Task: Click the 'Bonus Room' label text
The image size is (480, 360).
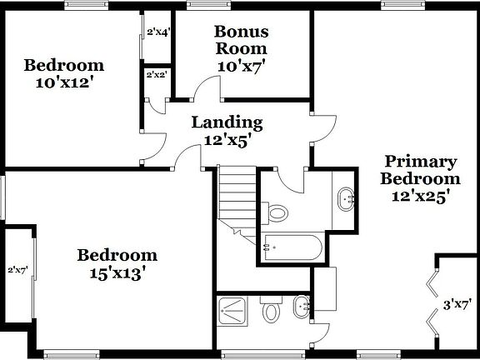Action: coord(242,40)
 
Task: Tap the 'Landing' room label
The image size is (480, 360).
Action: coord(227,122)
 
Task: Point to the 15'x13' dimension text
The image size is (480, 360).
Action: coord(117,272)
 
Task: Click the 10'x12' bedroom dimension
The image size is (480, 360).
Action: coord(63,82)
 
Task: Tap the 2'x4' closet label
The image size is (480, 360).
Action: coord(158,32)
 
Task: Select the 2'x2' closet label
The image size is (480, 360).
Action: coord(157,75)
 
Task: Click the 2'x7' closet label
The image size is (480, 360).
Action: coord(18,270)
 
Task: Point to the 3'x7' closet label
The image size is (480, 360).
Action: coord(457,305)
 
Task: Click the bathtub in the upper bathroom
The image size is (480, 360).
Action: coord(287,245)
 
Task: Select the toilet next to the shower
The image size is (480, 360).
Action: coord(271,313)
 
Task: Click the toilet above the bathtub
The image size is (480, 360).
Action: coord(278,213)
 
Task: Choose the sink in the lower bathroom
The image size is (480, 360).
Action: coord(302,307)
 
